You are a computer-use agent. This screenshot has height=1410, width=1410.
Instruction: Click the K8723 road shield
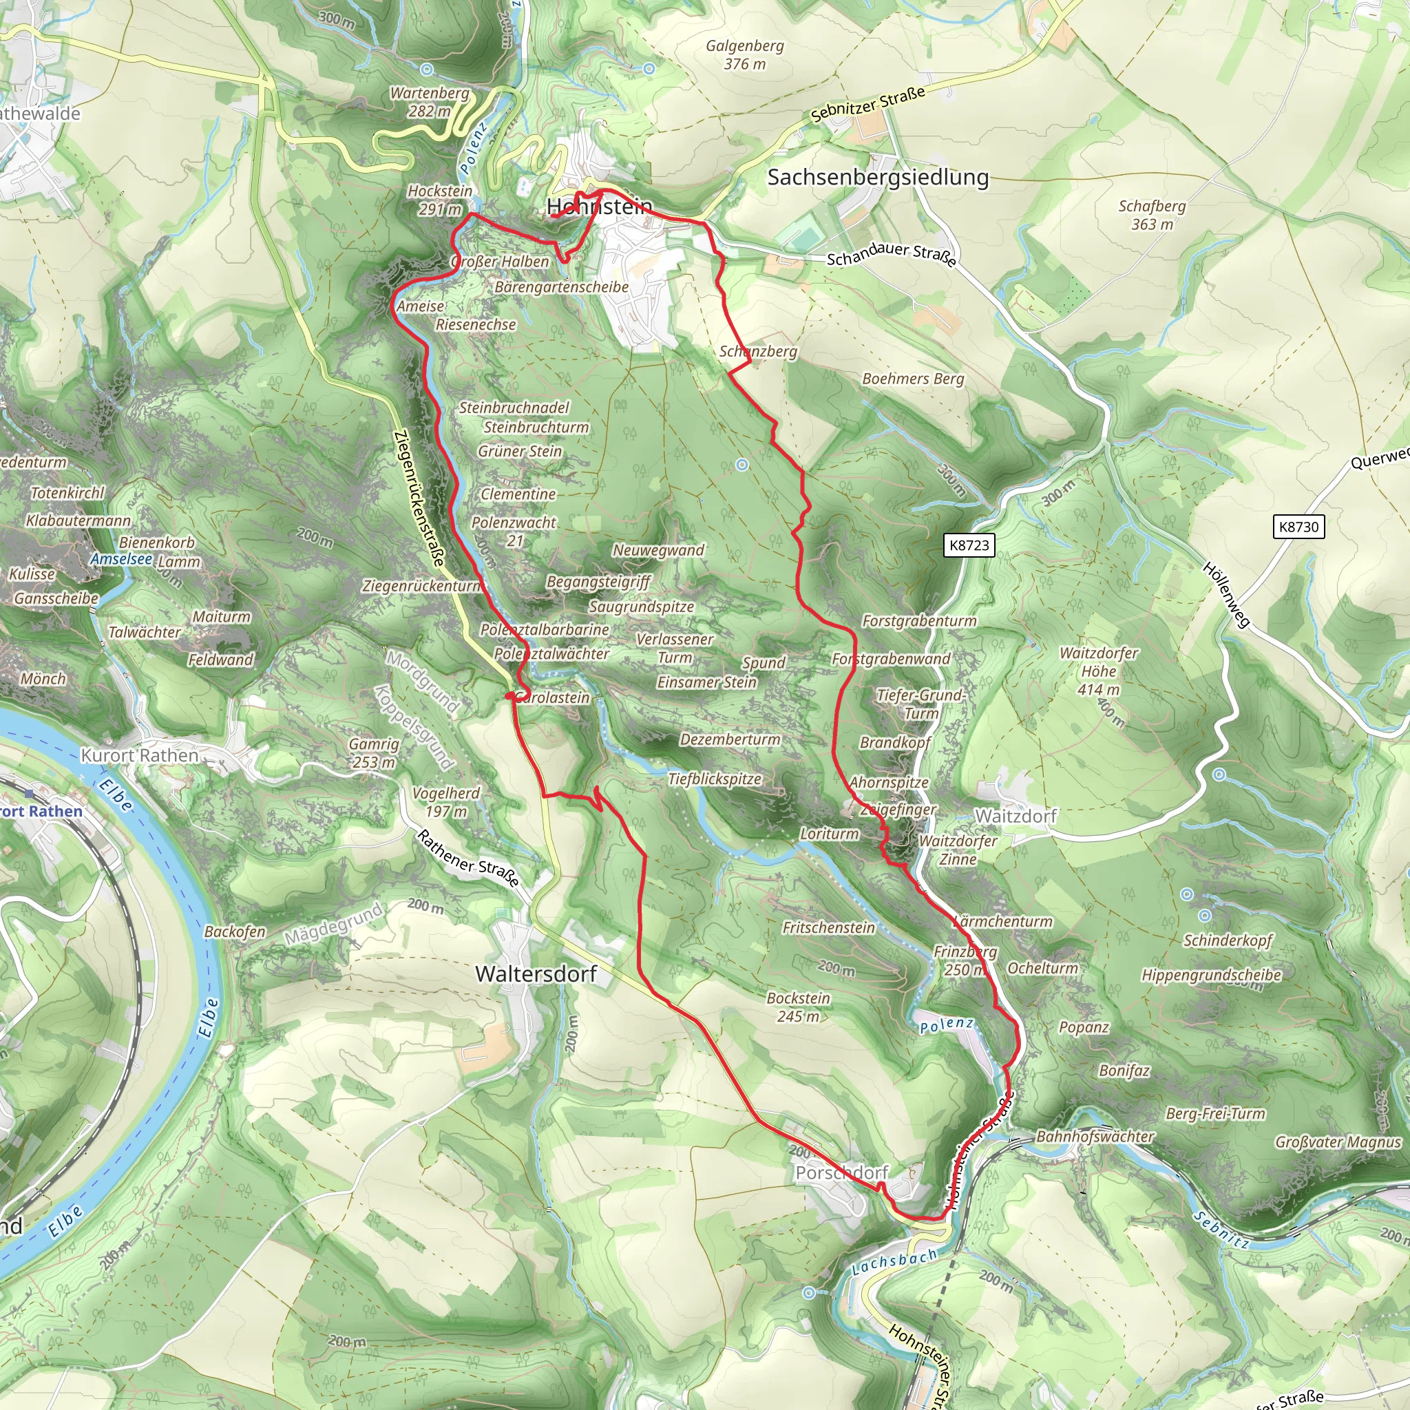(969, 545)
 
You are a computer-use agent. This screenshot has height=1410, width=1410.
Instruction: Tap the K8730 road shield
(1299, 527)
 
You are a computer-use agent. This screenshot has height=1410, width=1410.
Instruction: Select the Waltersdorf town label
(536, 974)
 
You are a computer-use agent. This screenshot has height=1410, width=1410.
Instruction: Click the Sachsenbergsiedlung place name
(878, 178)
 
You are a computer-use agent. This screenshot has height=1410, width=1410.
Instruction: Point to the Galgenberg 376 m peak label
(744, 55)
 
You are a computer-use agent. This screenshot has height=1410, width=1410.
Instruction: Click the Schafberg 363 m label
(1152, 215)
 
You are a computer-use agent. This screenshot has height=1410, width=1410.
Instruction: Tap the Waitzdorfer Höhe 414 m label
(1098, 671)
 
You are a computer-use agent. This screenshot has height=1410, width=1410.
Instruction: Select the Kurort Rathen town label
(138, 755)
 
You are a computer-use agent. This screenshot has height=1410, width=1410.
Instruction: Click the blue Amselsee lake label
(121, 559)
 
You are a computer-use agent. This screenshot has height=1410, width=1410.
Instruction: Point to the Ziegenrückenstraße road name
(419, 498)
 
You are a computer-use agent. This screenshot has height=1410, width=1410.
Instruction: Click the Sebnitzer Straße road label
(867, 105)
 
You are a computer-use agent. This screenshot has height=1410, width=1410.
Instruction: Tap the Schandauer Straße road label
(891, 253)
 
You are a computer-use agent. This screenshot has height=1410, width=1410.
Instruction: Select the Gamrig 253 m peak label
(374, 753)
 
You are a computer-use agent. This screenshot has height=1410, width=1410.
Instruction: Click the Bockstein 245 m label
(798, 1007)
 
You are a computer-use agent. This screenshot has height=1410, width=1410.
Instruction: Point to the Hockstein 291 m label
(439, 200)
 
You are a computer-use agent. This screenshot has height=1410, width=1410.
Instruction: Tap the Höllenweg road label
(1226, 595)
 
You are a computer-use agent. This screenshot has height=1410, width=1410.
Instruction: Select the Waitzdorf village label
(1016, 816)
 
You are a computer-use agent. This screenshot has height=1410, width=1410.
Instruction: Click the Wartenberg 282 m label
(429, 102)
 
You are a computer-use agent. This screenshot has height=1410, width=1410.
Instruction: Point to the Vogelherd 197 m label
(446, 802)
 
